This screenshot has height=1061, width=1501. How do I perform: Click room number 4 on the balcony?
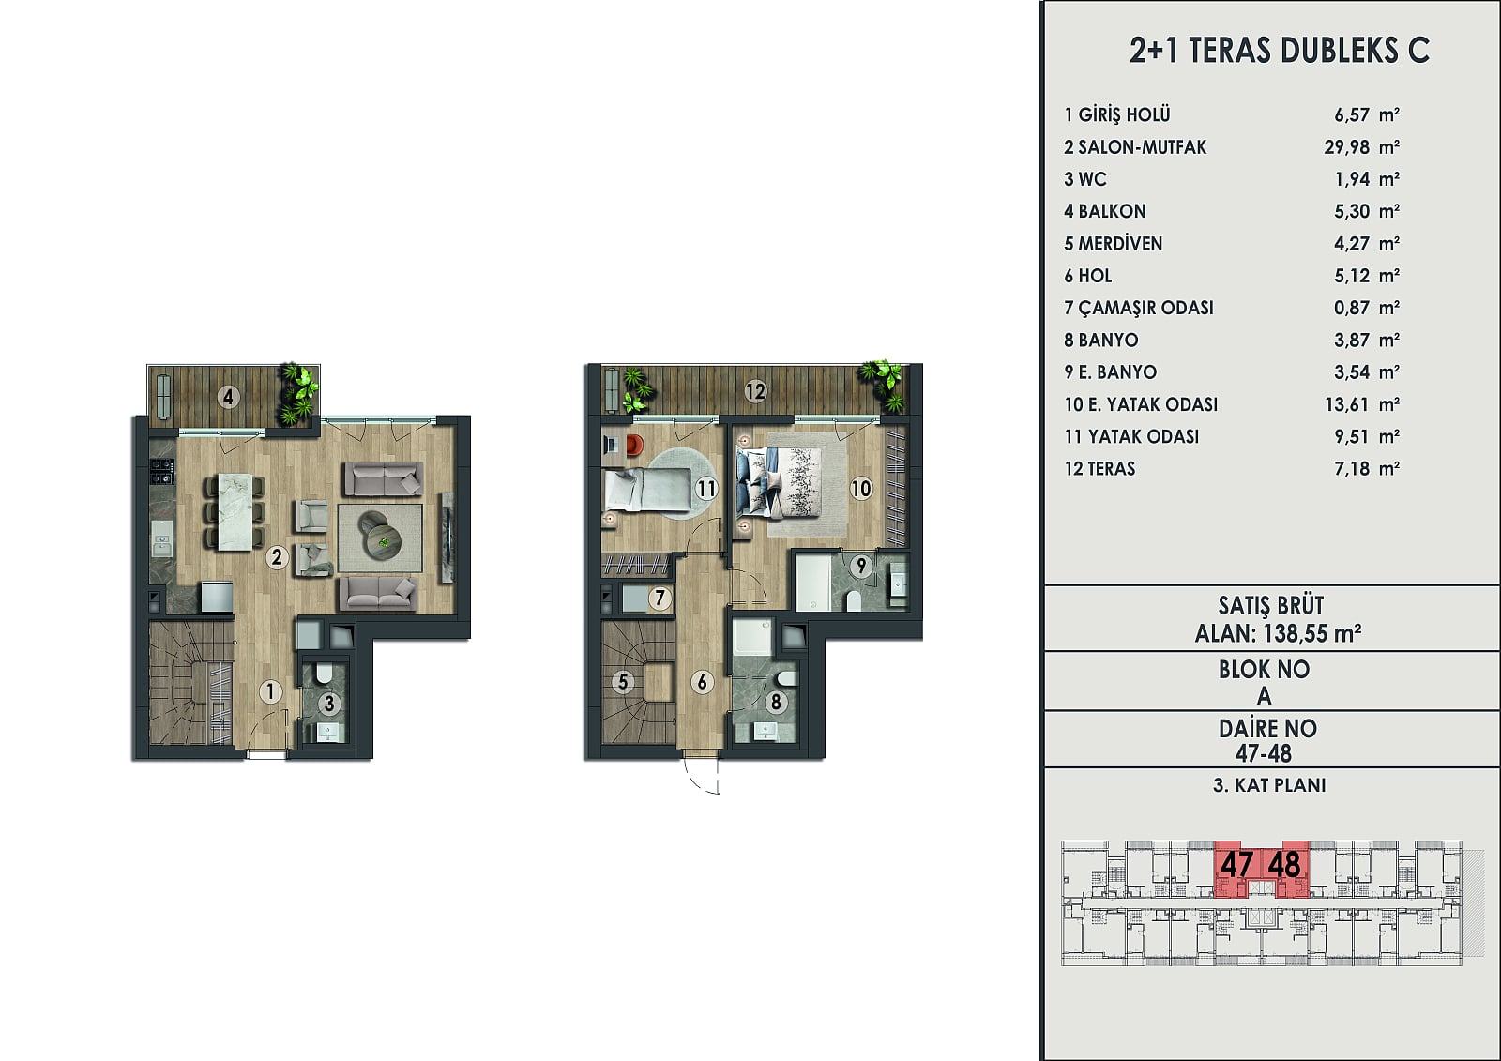(228, 397)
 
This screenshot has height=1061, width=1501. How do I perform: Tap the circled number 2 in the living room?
(276, 557)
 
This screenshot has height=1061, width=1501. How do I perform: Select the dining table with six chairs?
(235, 512)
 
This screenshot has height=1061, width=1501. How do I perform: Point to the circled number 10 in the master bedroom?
(861, 489)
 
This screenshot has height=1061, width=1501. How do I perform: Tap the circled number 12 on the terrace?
(755, 391)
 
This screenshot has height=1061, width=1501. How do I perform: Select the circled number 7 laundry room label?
(660, 598)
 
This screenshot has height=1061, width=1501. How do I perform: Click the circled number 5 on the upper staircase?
(623, 682)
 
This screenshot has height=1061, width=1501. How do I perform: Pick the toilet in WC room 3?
(323, 674)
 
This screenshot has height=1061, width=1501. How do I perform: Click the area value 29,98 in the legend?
(1347, 146)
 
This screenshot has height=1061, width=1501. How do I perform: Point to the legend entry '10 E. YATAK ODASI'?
(1141, 404)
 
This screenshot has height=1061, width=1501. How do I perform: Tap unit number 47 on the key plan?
(1236, 864)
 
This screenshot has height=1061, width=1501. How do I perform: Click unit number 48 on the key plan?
(1284, 864)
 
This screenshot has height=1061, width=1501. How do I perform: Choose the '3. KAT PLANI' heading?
(1269, 785)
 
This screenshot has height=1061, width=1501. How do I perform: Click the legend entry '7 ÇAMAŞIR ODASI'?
(1139, 308)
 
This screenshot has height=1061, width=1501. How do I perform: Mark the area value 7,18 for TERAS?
(1352, 468)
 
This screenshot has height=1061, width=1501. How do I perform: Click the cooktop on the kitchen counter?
(162, 470)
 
